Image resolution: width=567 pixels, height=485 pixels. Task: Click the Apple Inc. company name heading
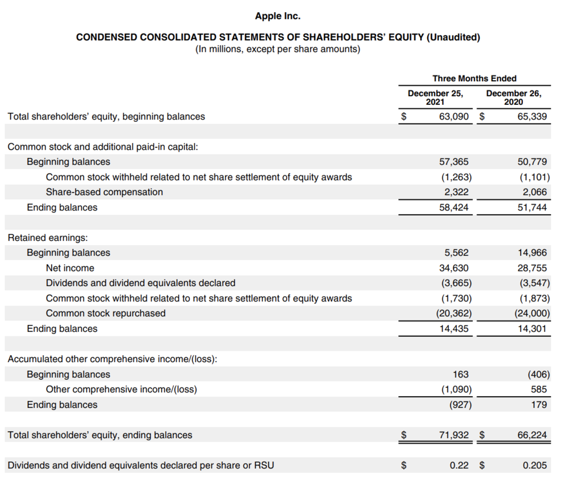(277, 16)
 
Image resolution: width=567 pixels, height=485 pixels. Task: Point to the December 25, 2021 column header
(435, 97)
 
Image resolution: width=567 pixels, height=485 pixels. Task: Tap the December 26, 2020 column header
(514, 97)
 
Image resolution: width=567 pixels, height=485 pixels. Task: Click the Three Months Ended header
(474, 78)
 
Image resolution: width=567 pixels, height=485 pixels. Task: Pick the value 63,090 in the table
(454, 117)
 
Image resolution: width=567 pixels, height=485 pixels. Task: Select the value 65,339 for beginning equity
(532, 117)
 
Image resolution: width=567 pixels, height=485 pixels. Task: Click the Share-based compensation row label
(104, 192)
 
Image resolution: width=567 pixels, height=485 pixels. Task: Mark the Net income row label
(70, 268)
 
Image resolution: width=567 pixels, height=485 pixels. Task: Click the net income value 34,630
(454, 268)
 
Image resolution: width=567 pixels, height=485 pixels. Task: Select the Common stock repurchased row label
(105, 314)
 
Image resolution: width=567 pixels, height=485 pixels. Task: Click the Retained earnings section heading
(48, 238)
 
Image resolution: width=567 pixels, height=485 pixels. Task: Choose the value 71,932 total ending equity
(454, 435)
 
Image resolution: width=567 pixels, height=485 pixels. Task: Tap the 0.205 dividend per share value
(534, 466)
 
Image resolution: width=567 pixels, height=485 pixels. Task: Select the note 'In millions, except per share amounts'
(277, 50)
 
